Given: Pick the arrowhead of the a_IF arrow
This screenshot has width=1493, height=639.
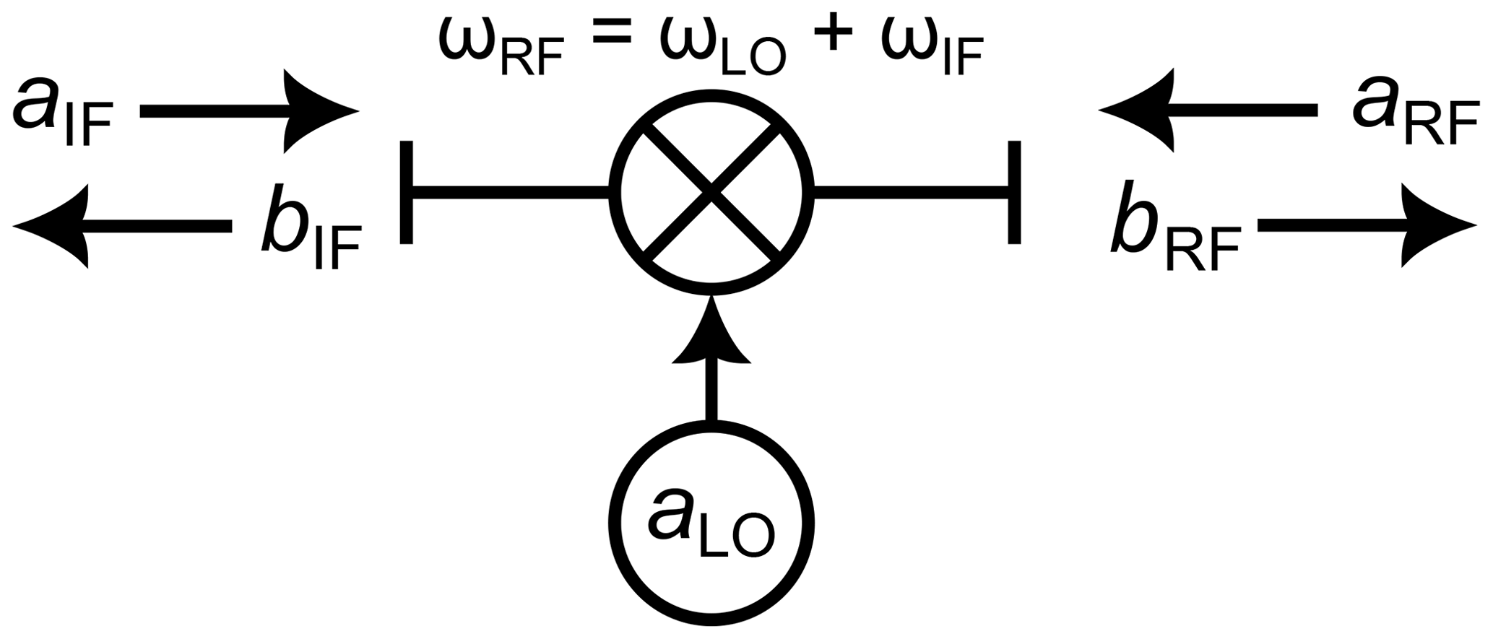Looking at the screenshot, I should click(x=318, y=111).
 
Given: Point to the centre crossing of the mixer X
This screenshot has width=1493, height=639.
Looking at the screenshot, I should click(x=711, y=192).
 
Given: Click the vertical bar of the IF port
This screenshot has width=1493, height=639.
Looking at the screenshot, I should click(x=407, y=192).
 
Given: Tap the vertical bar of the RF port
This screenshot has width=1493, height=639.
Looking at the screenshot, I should click(x=1015, y=192).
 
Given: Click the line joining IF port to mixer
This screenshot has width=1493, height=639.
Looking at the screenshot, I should click(x=510, y=192).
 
